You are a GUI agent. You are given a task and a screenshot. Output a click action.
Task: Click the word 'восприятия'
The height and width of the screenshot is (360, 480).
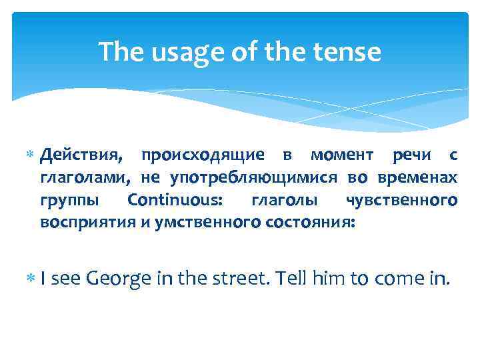(87, 222)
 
